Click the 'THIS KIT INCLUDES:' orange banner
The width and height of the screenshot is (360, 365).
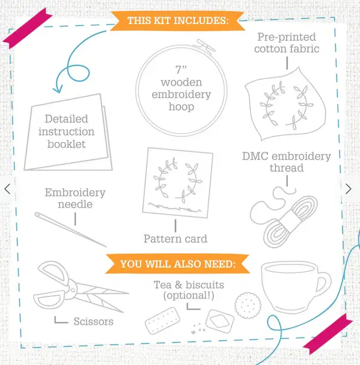[177, 20]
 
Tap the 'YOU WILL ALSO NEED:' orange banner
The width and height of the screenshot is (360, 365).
[177, 264]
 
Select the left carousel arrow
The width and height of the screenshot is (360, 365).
[7, 189]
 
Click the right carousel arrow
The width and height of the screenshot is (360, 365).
[349, 189]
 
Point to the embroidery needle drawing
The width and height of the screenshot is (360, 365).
[70, 229]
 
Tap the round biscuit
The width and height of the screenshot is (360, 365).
[248, 305]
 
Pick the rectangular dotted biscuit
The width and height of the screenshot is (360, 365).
[162, 321]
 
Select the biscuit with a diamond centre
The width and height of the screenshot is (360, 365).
[220, 321]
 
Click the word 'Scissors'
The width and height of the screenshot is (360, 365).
[94, 322]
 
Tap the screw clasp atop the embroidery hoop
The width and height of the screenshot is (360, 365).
[206, 46]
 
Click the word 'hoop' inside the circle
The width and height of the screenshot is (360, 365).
[182, 107]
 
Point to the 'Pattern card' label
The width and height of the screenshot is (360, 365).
[175, 239]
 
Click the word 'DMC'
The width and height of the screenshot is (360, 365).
[255, 156]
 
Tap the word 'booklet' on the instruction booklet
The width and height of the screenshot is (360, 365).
[67, 144]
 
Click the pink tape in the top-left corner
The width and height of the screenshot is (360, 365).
[28, 28]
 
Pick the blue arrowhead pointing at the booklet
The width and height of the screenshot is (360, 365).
[58, 90]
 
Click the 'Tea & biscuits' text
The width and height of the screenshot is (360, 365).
[189, 285]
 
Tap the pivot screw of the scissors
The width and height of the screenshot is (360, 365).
[73, 290]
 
